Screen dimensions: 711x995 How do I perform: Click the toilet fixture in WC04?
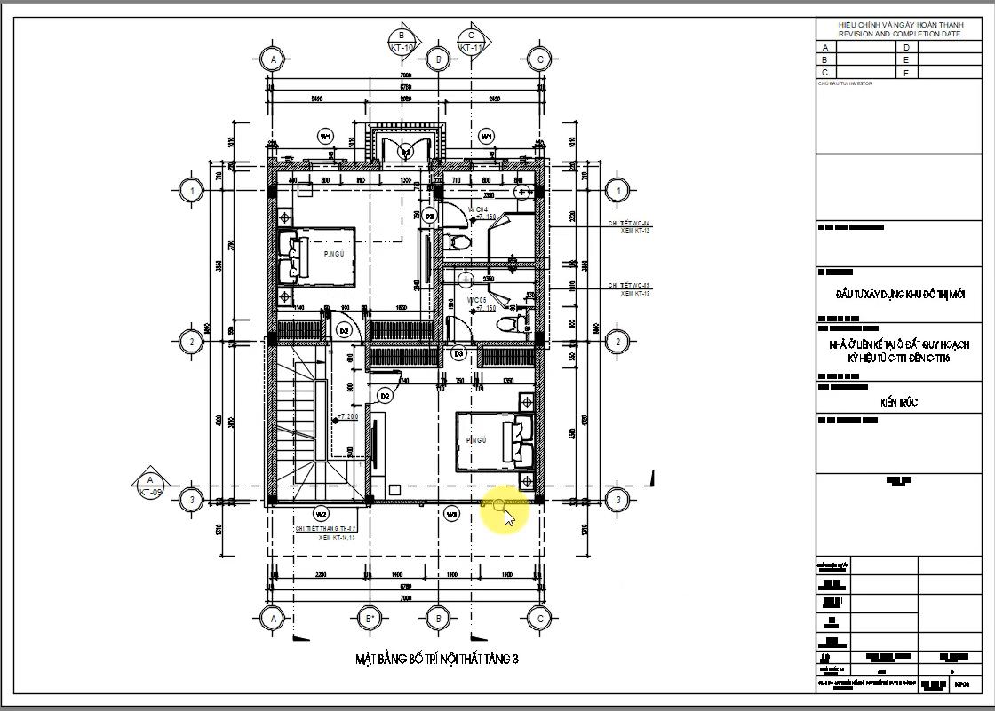point(460,241)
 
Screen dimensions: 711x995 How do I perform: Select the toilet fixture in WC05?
point(509,324)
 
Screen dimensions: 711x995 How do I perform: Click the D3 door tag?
point(458,353)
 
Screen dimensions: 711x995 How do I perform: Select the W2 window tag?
point(322,513)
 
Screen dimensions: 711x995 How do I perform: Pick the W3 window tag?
point(451,513)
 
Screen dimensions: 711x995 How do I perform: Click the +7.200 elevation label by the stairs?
point(347,416)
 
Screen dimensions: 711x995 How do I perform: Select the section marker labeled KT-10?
point(402,41)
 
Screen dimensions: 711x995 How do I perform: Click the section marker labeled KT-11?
point(471,41)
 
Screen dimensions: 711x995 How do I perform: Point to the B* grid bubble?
point(370,618)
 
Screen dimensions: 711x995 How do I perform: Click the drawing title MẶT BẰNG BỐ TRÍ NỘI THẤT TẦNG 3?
point(436,659)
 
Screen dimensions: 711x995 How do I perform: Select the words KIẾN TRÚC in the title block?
point(899,403)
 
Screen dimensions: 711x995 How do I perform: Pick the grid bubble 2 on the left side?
point(190,341)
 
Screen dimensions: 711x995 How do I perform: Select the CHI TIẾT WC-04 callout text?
point(629,224)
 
